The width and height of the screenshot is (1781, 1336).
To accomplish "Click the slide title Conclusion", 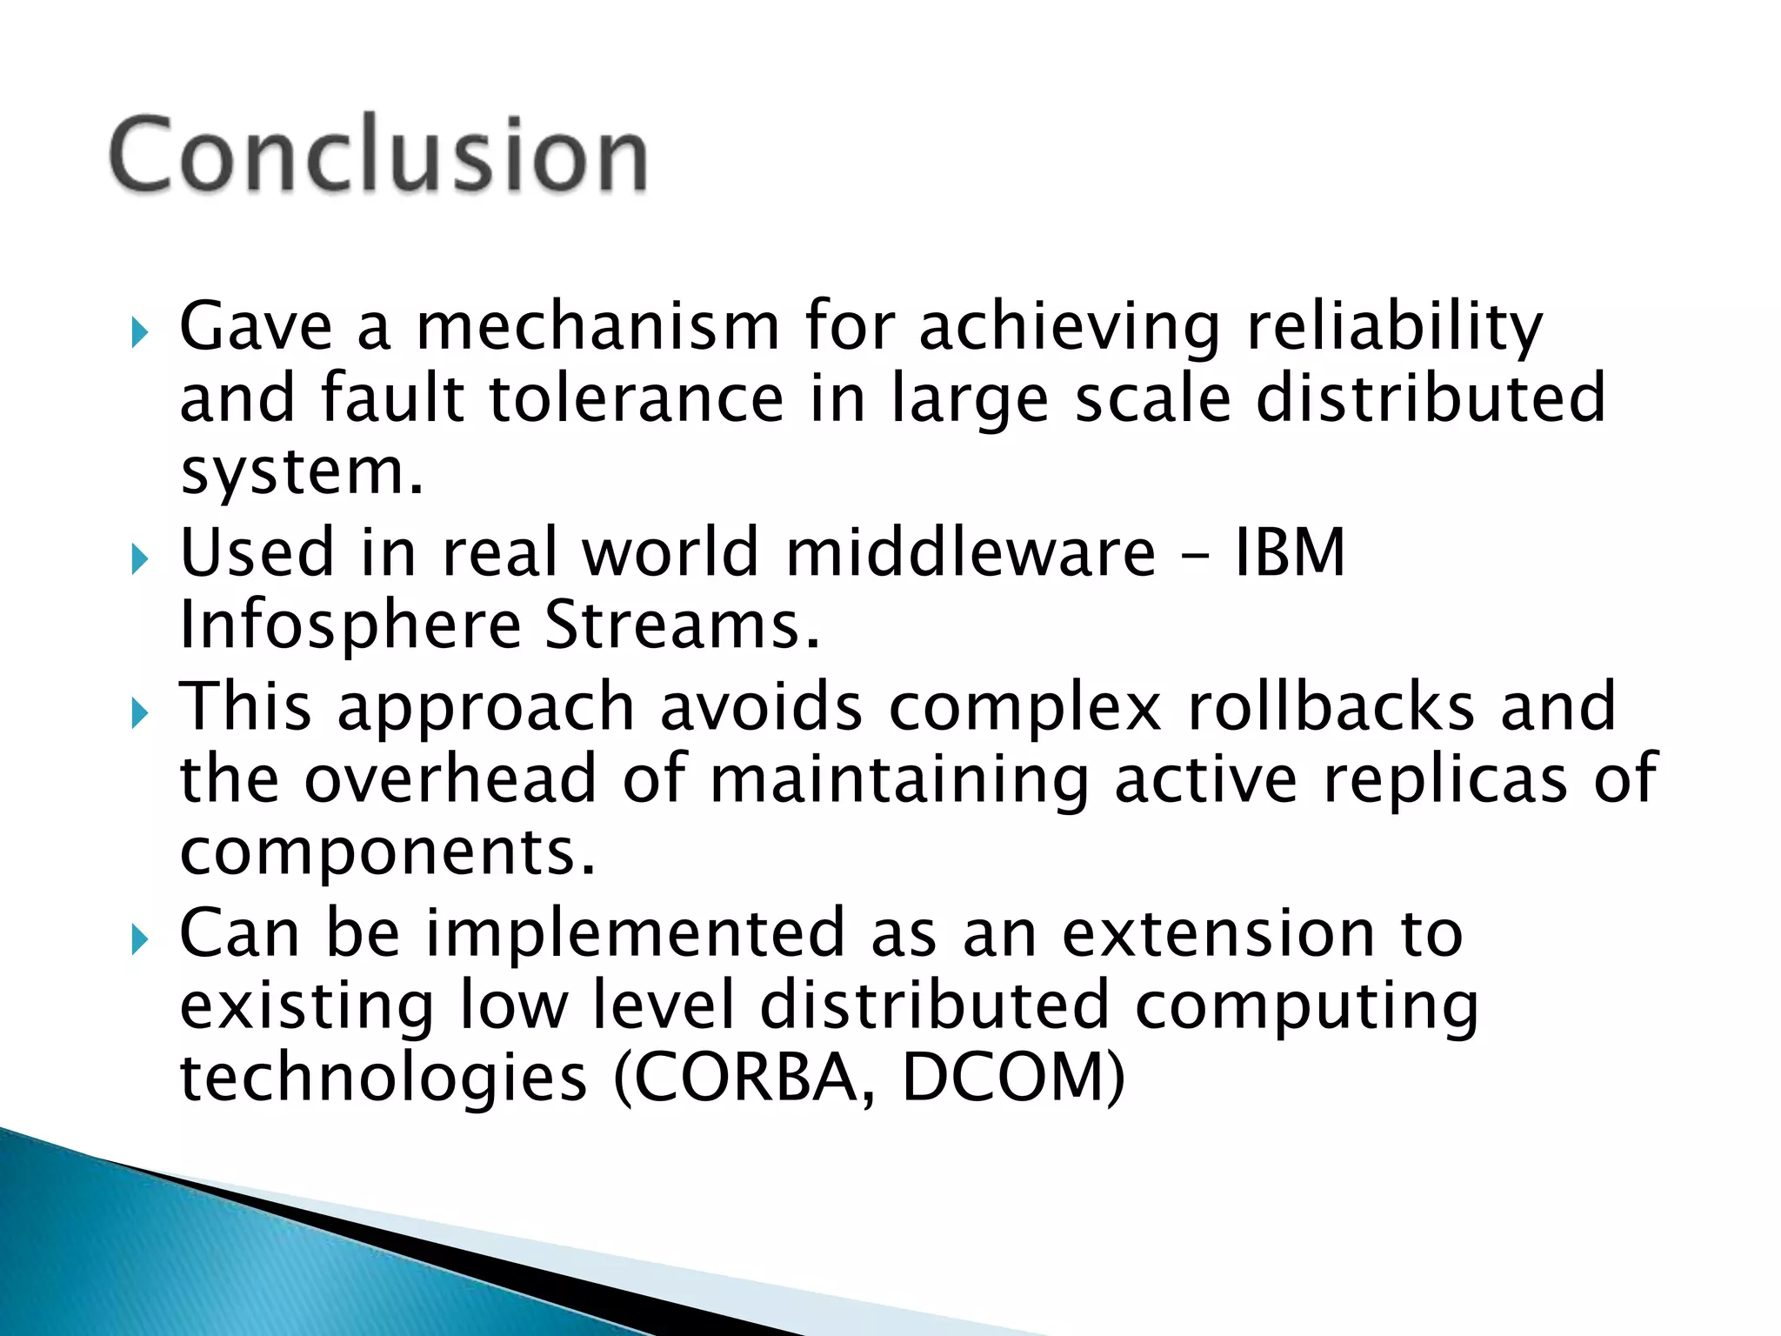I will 378,154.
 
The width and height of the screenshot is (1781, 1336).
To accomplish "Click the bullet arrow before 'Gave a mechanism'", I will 139,332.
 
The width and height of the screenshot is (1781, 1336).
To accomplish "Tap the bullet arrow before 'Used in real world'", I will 139,558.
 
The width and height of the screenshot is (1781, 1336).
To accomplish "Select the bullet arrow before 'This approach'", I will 139,713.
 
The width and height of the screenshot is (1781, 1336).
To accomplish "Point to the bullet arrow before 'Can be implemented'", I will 139,939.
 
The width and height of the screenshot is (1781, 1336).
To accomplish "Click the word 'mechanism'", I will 598,326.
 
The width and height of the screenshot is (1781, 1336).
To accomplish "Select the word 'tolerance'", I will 637,398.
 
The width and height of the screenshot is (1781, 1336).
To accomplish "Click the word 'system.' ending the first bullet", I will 301,472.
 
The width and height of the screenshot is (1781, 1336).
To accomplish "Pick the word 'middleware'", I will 971,552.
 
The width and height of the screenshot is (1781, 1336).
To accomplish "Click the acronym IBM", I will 1291,552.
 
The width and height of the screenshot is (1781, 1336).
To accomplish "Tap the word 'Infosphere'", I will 350,626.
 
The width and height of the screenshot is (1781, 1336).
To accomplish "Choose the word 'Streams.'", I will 683,626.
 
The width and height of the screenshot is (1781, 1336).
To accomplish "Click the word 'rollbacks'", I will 1331,706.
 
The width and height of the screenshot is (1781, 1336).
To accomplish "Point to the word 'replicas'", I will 1445,779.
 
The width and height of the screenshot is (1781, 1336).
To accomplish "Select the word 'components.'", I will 388,852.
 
